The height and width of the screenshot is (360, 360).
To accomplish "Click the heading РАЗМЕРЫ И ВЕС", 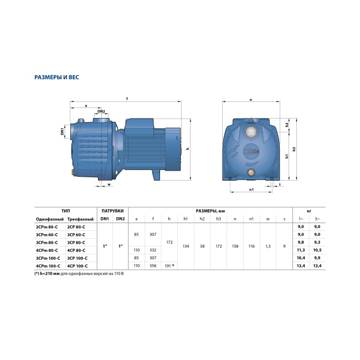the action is [56, 77].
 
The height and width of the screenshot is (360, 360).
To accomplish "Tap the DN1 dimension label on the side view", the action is [62, 132].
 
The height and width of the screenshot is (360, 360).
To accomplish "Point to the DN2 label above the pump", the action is [101, 111].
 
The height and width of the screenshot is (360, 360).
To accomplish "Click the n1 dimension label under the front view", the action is [251, 189].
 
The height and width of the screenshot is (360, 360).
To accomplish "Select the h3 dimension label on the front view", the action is [294, 149].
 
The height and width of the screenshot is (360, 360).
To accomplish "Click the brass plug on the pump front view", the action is [251, 172].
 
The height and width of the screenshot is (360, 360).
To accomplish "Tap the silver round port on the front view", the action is [251, 132].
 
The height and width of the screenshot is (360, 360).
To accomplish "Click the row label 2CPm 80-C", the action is [47, 227].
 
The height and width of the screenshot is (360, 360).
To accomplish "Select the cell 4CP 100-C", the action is [78, 266].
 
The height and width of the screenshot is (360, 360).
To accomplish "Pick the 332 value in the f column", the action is [153, 250].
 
